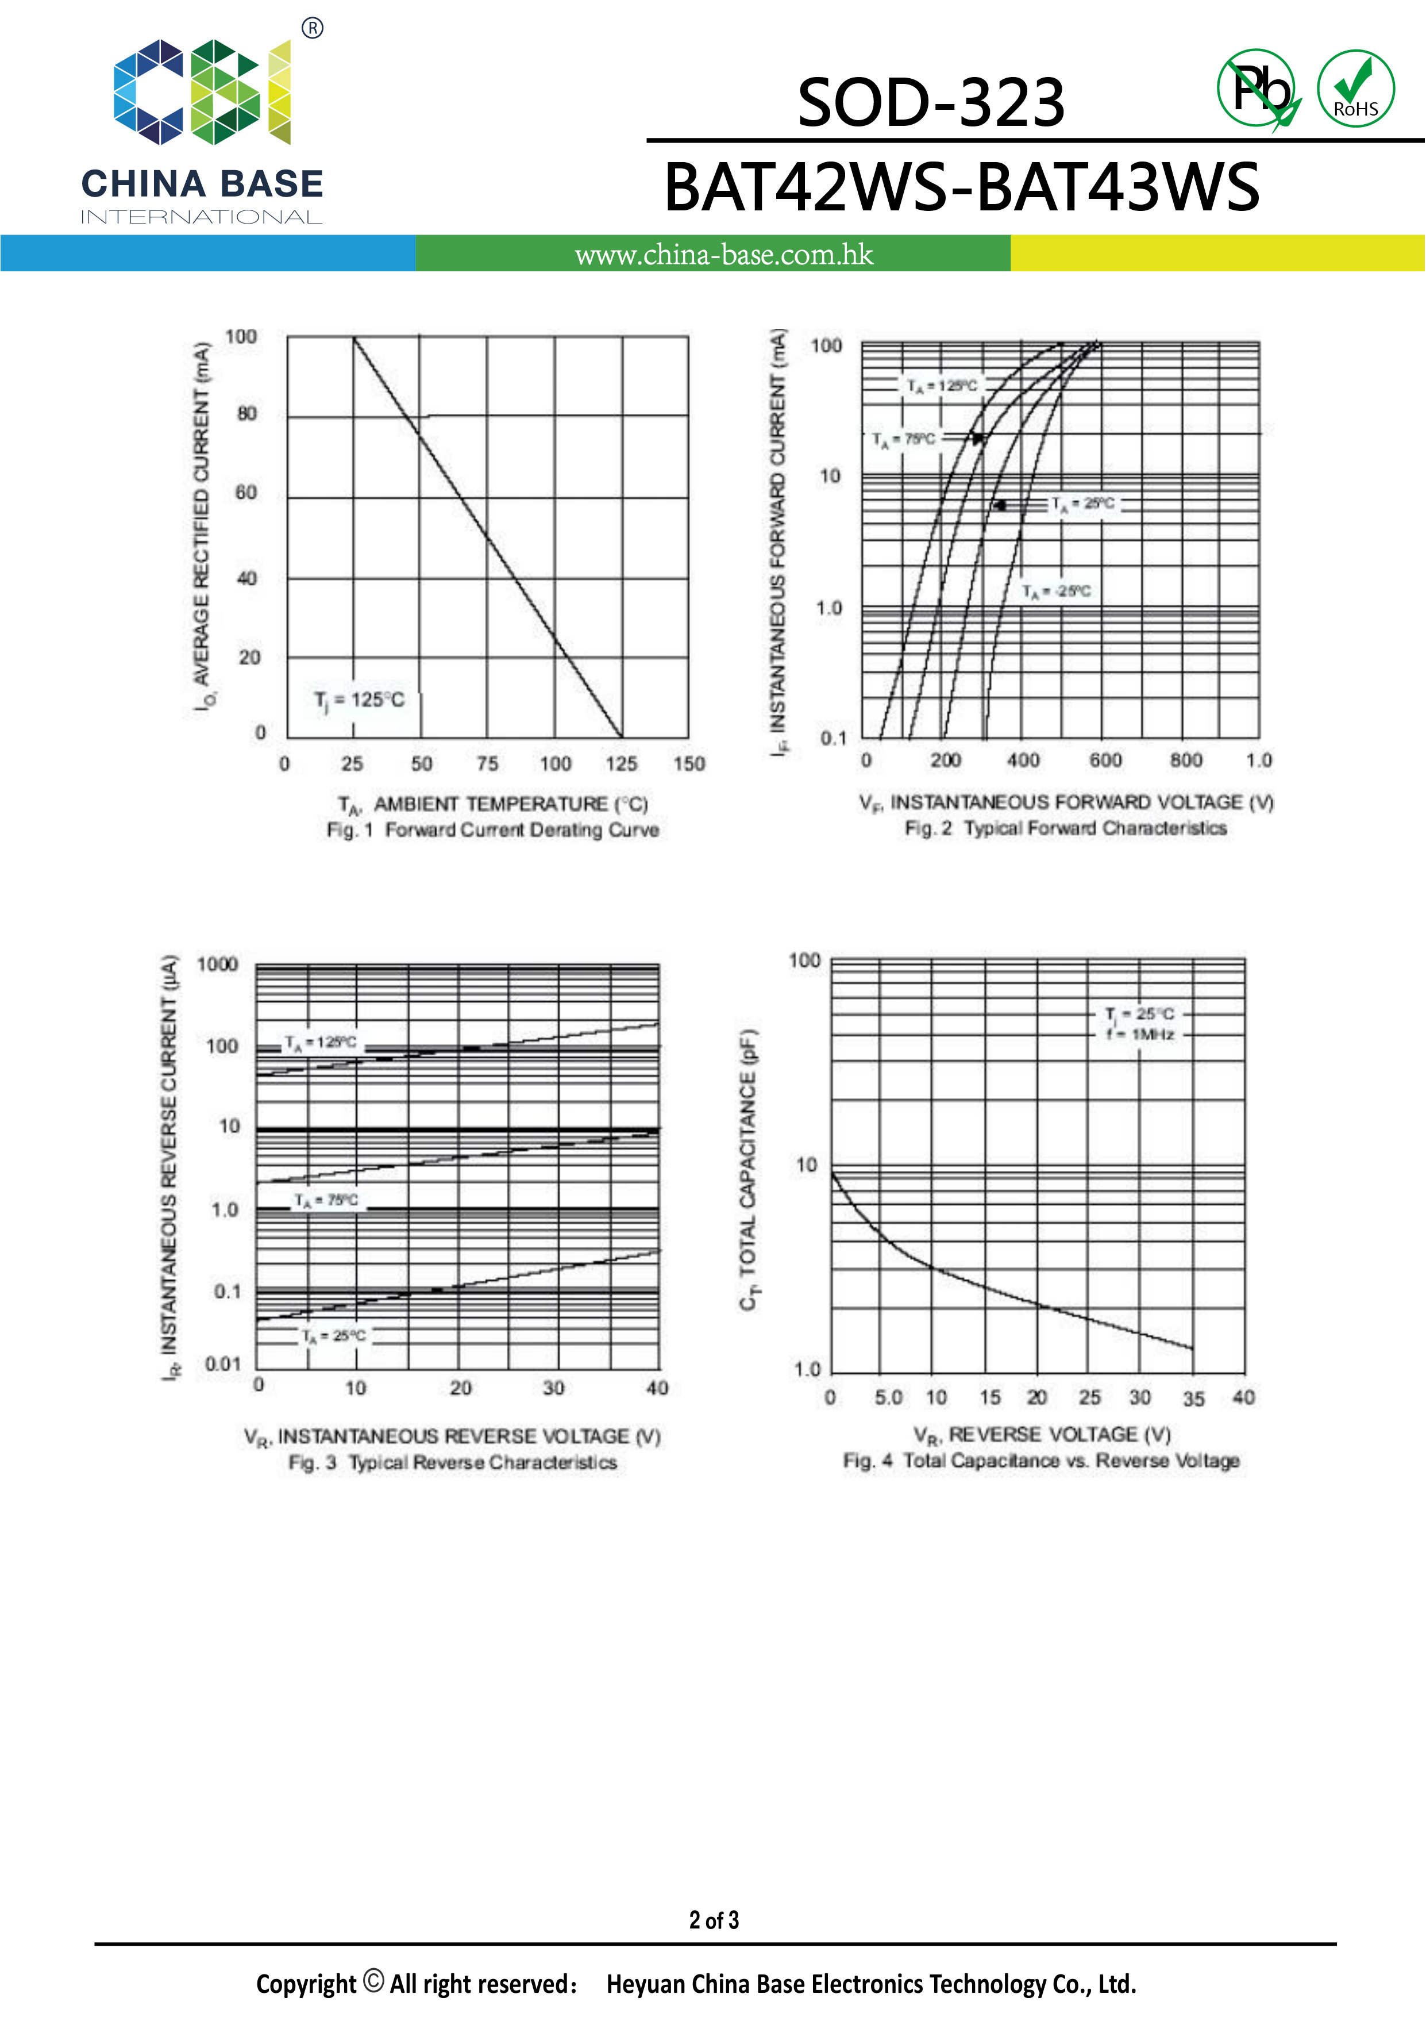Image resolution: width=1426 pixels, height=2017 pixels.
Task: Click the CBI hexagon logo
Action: click(x=202, y=91)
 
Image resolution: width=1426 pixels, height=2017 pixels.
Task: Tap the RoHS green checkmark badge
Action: click(x=1355, y=89)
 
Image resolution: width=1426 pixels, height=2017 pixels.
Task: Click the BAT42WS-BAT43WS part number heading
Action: click(x=962, y=187)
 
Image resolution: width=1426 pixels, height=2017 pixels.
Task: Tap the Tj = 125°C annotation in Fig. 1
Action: click(x=359, y=700)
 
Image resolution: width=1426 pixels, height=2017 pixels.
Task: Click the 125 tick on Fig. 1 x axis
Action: click(x=621, y=763)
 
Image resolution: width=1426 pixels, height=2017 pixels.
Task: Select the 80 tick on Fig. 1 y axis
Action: click(x=246, y=414)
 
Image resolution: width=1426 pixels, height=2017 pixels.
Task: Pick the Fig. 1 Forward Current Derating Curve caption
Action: click(x=492, y=830)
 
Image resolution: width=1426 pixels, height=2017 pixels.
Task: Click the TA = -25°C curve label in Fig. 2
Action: click(x=1057, y=591)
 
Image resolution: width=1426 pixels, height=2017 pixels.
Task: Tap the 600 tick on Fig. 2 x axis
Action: click(x=1105, y=760)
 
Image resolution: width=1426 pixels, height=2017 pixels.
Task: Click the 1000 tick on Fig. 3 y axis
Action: click(x=217, y=965)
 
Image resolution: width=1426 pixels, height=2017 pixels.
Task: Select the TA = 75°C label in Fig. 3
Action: click(x=326, y=1200)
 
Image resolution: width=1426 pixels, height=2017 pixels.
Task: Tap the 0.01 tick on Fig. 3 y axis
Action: click(x=222, y=1363)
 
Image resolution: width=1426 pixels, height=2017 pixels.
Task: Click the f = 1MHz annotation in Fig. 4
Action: click(x=1140, y=1035)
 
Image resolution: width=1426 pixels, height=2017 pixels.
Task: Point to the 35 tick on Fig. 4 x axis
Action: click(x=1192, y=1399)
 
